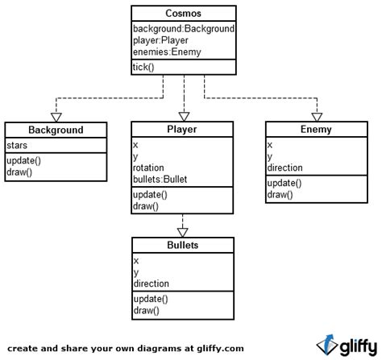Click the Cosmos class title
tap(184, 14)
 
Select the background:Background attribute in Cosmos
tap(183, 28)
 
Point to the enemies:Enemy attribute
tap(165, 52)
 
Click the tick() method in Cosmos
tap(143, 67)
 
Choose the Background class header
tap(56, 130)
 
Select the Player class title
tap(184, 129)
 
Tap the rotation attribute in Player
tap(149, 168)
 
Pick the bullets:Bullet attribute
tap(160, 179)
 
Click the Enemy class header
tap(316, 129)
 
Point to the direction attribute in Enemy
tap(285, 168)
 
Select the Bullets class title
tap(184, 245)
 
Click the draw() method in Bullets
tap(146, 310)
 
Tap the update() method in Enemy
tap(286, 183)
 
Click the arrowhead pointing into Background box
tap(56, 116)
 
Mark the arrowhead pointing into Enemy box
tap(316, 116)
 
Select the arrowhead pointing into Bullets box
tap(184, 231)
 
